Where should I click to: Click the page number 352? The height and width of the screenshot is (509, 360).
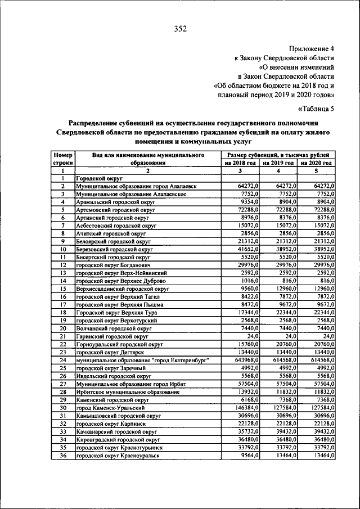pyautogui.click(x=180, y=29)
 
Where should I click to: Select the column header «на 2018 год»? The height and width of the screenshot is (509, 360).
pyautogui.click(x=240, y=163)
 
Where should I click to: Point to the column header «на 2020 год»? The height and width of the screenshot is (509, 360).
pyautogui.click(x=316, y=163)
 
